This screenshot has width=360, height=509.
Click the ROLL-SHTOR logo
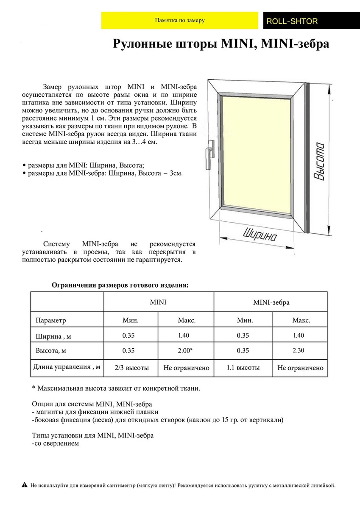point(292,21)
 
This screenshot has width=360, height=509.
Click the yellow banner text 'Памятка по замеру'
point(180,20)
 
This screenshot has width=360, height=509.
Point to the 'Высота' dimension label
point(319,162)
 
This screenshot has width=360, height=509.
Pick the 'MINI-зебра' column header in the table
point(271,302)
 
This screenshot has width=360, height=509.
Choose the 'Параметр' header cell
point(51,320)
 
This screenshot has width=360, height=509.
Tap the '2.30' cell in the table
point(299,350)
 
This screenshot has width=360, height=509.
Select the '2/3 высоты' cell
point(131,368)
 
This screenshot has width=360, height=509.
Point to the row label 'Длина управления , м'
point(67,367)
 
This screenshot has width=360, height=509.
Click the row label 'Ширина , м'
point(53,337)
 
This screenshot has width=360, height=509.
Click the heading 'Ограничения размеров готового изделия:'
point(120,285)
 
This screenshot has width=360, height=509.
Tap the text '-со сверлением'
point(56,444)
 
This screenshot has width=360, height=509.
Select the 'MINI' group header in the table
point(158,302)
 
